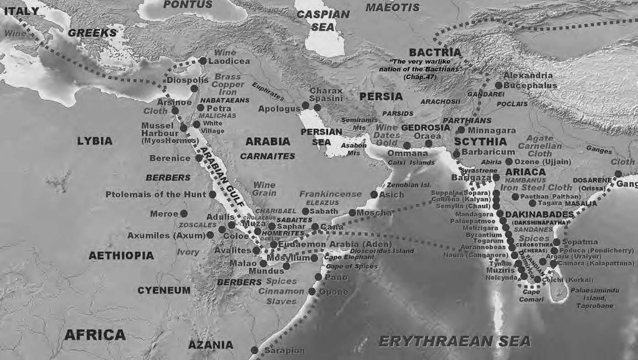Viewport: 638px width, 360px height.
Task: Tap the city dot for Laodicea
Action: [203, 61]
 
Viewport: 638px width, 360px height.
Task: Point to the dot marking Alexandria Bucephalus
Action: [498, 85]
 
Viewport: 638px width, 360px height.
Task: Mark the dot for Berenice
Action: [199, 158]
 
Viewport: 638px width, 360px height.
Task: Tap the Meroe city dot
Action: [184, 213]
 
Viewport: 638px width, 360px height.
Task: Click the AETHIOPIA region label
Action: [121, 256]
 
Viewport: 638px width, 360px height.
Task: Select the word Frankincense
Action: [330, 194]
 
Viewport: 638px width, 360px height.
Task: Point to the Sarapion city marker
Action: [254, 350]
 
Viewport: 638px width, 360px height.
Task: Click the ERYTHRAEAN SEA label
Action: [454, 341]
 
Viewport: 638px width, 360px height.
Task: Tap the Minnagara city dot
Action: [461, 130]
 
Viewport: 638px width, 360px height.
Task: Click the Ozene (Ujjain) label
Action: [543, 162]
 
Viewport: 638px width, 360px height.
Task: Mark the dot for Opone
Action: [312, 292]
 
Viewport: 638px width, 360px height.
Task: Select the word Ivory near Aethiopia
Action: [188, 252]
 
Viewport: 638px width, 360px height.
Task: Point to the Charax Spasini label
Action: [325, 94]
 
